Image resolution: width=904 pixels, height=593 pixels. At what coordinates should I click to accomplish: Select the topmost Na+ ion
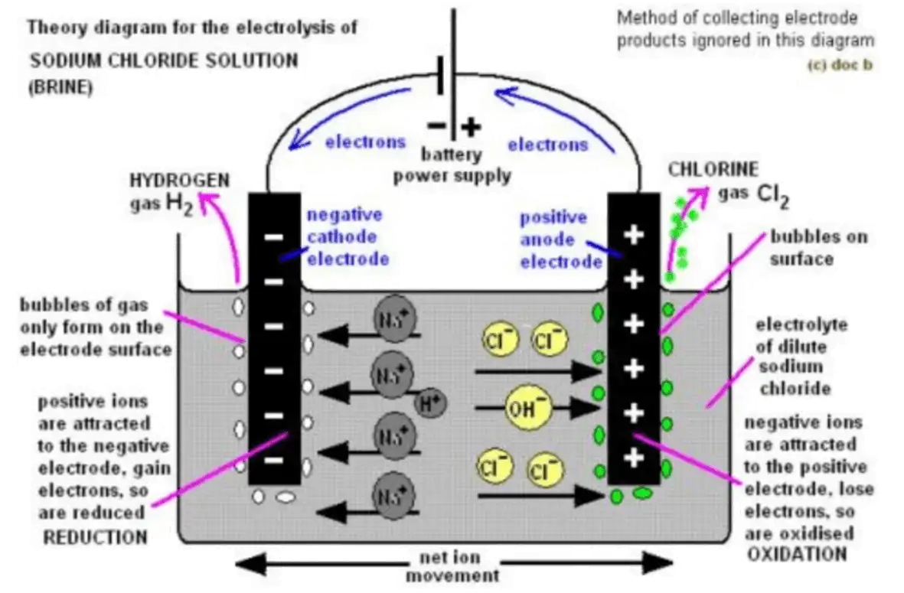pyautogui.click(x=391, y=316)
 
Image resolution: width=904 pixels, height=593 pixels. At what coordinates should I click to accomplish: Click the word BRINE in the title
pyautogui.click(x=60, y=87)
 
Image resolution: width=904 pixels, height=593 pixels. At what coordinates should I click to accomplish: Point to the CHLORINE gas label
pyautogui.click(x=713, y=169)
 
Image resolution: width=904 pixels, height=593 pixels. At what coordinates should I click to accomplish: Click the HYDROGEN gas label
pyautogui.click(x=179, y=181)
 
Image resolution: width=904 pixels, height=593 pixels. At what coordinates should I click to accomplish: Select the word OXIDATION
pyautogui.click(x=795, y=553)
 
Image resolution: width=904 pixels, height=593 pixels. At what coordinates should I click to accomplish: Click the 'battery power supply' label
pyautogui.click(x=452, y=165)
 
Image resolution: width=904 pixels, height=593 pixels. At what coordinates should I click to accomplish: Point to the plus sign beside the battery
pyautogui.click(x=470, y=126)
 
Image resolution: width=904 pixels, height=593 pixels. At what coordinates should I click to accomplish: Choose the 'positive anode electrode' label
pyautogui.click(x=560, y=239)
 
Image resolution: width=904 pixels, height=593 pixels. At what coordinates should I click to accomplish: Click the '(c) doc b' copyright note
pyautogui.click(x=839, y=64)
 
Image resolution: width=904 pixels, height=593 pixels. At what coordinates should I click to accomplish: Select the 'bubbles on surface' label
pyautogui.click(x=818, y=247)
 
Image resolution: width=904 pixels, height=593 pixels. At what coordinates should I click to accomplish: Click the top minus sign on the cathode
pyautogui.click(x=273, y=237)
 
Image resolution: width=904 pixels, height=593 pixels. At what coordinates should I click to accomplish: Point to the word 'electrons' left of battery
pyautogui.click(x=365, y=142)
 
